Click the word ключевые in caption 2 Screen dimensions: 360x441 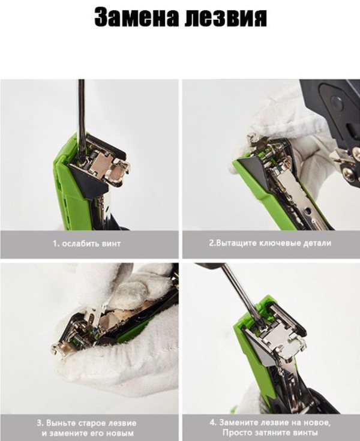point(280,243)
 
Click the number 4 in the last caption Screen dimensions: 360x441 point(212,422)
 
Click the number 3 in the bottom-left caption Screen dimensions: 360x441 point(40,423)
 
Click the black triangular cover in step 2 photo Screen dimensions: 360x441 point(253,168)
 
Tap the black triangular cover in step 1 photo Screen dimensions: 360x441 point(89,179)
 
